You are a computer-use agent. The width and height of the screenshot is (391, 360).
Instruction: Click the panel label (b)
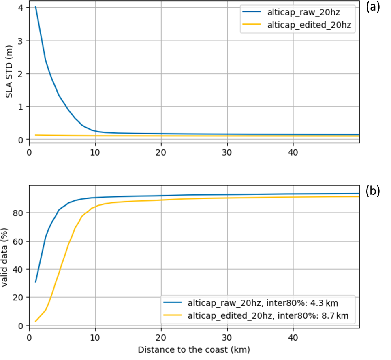372,191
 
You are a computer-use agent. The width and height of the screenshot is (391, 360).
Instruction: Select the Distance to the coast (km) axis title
194,349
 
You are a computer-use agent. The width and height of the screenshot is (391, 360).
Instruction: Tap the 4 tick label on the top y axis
21,8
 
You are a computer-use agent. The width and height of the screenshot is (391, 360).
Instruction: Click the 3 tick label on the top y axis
21,40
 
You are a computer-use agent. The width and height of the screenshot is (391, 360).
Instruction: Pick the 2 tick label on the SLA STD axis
21,74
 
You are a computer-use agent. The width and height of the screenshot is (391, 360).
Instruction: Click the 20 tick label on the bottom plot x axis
161,337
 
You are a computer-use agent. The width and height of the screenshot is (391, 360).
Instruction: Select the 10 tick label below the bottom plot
95,337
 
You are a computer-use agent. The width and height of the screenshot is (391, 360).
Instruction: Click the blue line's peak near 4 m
36,7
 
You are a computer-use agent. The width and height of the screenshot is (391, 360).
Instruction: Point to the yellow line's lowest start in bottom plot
36,322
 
